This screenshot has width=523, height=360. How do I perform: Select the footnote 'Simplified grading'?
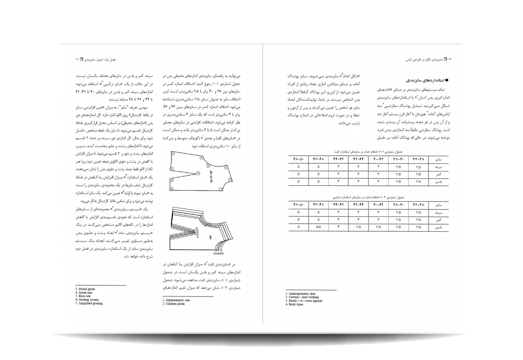(90, 303)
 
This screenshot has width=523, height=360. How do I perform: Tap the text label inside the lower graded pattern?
(210, 236)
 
